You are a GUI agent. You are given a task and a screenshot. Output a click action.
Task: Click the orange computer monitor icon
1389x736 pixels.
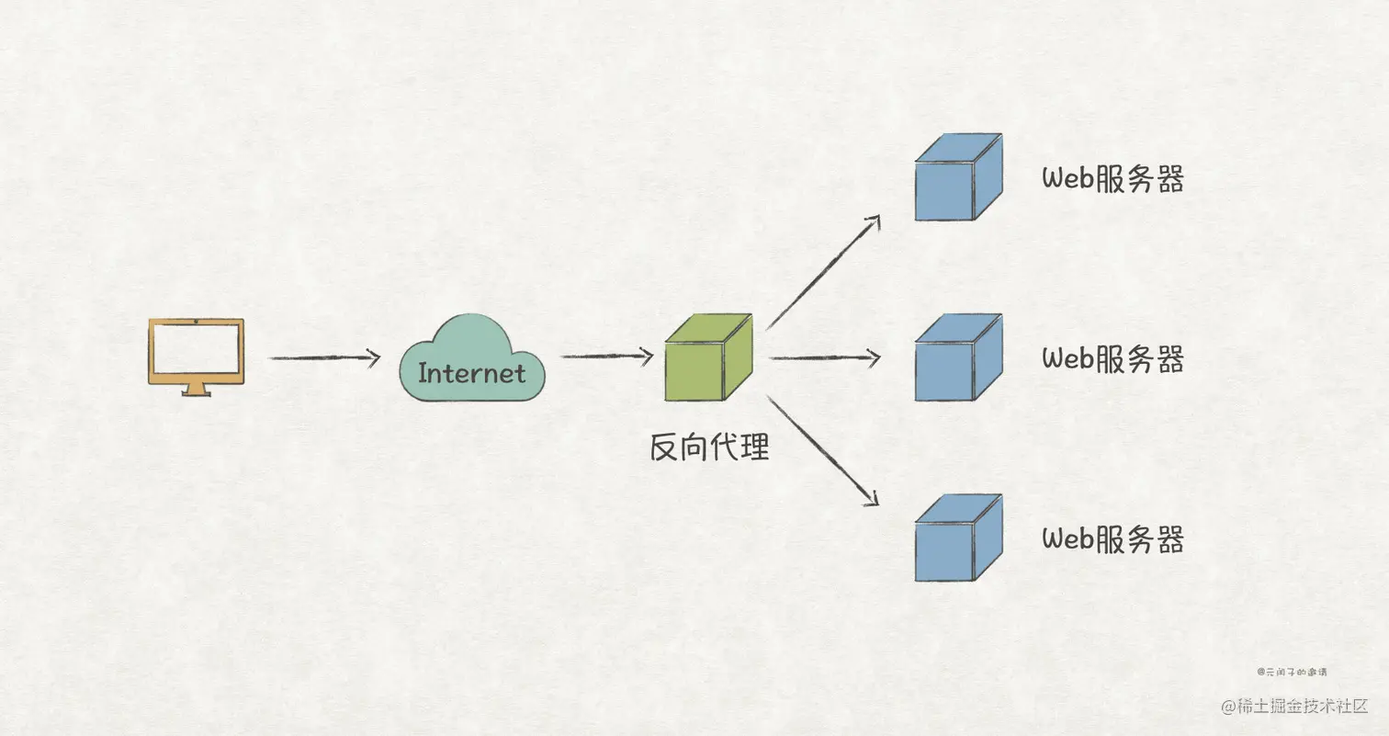tap(196, 351)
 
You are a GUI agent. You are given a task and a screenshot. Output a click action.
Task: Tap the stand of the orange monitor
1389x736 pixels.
tap(196, 390)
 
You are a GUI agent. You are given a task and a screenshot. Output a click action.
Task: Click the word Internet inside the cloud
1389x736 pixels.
tap(471, 373)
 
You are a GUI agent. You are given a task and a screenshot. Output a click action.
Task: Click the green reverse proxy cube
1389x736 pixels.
tap(708, 357)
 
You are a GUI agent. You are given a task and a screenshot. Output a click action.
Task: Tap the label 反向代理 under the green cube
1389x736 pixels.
tap(709, 447)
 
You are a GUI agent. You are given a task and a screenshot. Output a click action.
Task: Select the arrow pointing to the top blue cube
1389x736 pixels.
tap(822, 273)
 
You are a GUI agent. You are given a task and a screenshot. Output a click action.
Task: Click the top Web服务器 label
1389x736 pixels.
tap(1112, 179)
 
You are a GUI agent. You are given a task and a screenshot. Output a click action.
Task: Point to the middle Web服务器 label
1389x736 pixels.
tap(1112, 358)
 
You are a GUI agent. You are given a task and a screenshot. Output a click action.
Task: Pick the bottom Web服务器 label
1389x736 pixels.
tap(1112, 538)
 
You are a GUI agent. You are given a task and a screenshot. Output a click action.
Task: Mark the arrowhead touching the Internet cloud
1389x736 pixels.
tap(374, 358)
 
